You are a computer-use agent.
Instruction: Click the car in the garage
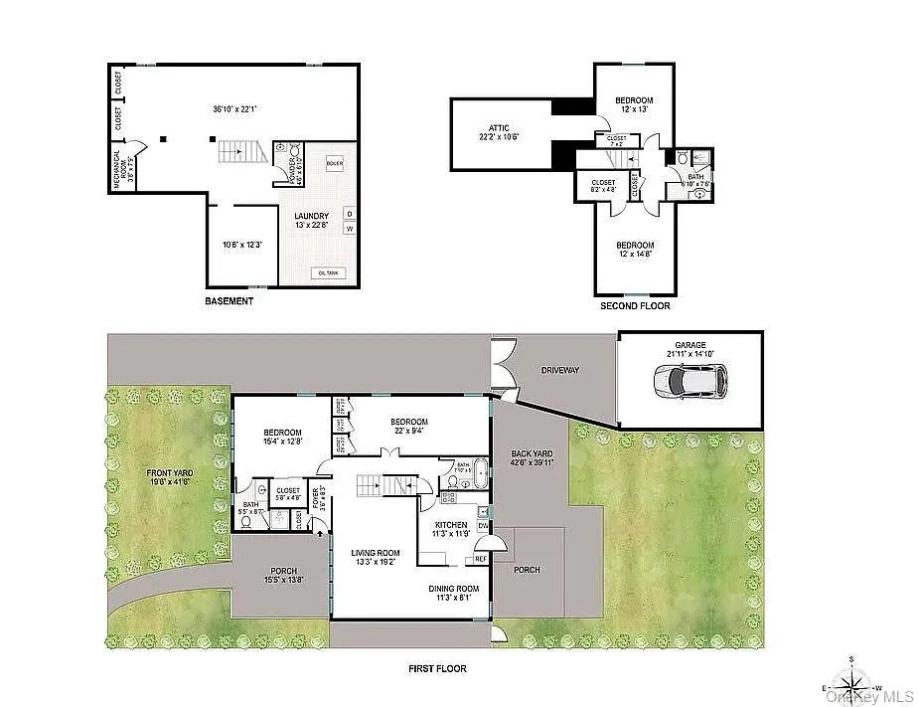(689, 380)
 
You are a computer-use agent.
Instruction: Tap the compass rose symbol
(851, 684)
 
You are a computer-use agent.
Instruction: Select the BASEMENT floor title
(229, 301)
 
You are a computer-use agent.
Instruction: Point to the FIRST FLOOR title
(437, 669)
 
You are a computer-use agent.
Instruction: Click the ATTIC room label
(499, 128)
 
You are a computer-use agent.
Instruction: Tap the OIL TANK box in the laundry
(330, 273)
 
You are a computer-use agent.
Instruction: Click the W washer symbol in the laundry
(349, 229)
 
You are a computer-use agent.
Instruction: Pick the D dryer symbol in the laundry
(349, 212)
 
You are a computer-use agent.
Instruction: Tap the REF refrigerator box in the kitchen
(481, 559)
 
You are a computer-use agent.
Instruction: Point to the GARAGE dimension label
(690, 350)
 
